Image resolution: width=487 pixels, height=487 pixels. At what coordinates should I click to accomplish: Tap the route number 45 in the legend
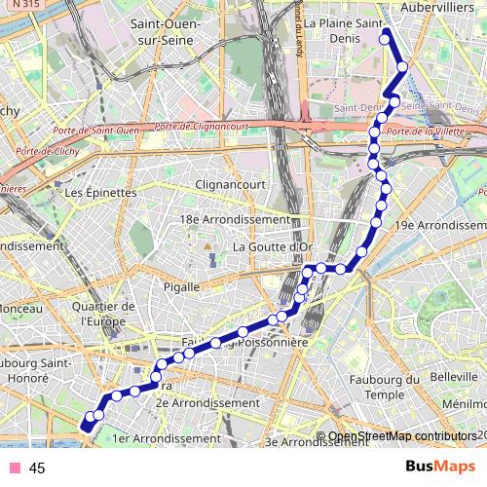pos(38,468)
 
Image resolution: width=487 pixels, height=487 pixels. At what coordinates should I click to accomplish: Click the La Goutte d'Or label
pos(273,247)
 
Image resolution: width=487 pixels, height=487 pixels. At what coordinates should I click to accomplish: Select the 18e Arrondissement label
pos(235,220)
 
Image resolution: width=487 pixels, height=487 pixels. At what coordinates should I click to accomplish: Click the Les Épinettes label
pos(100,193)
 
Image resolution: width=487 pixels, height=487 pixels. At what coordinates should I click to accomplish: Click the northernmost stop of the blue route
pos(386,34)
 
